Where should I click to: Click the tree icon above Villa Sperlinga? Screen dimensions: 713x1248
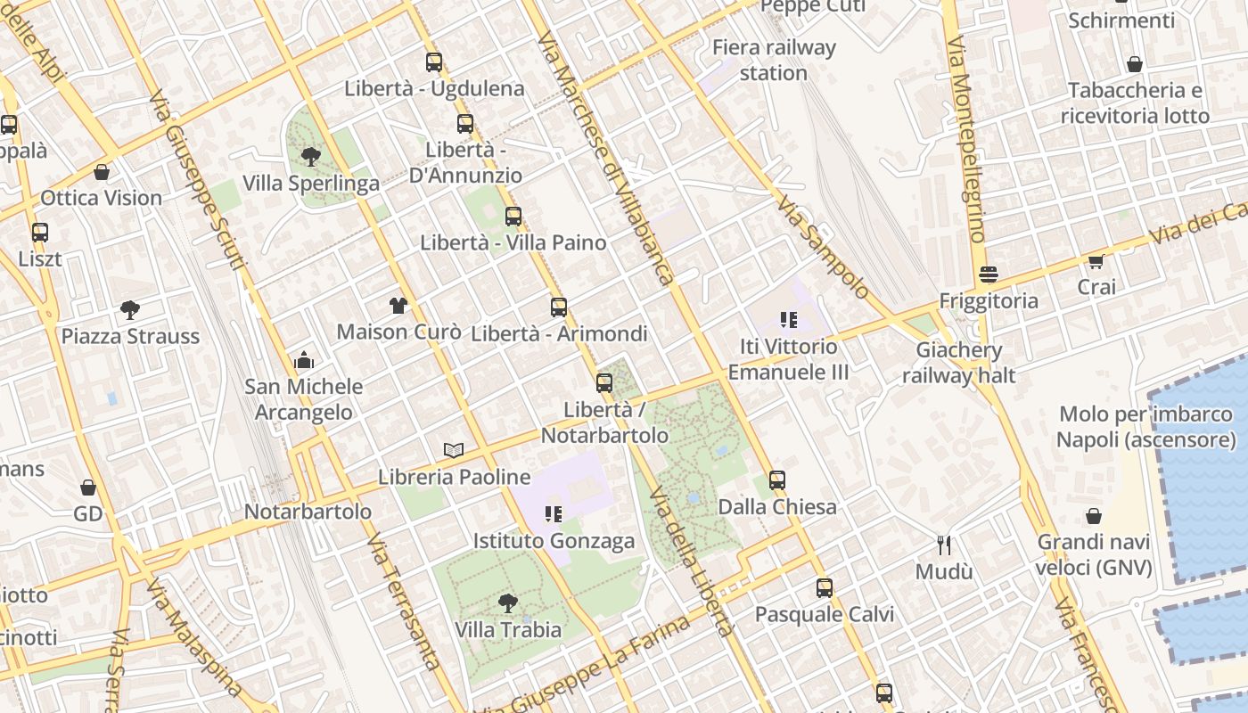click(311, 157)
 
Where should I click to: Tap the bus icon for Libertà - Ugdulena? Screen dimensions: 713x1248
click(434, 62)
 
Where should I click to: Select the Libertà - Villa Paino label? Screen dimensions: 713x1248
click(513, 242)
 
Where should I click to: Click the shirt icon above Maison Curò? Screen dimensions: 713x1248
click(398, 306)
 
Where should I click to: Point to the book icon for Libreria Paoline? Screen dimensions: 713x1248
click(454, 451)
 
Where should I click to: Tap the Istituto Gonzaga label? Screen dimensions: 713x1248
click(554, 541)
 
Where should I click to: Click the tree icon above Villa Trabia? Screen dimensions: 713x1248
click(508, 603)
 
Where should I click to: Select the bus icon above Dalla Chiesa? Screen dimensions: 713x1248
click(777, 480)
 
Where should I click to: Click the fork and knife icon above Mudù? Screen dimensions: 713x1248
click(944, 545)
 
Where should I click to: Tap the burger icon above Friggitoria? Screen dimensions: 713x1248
click(988, 275)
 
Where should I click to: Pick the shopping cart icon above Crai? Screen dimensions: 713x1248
click(1096, 261)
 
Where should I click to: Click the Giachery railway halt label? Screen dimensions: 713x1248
click(958, 363)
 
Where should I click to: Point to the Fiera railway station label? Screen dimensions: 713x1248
click(774, 60)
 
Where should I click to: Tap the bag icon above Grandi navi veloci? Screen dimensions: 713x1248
click(1094, 516)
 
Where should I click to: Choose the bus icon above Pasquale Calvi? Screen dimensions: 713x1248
click(825, 588)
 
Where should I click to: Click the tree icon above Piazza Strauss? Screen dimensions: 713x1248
click(130, 310)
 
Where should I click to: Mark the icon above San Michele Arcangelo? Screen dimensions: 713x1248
click(304, 361)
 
